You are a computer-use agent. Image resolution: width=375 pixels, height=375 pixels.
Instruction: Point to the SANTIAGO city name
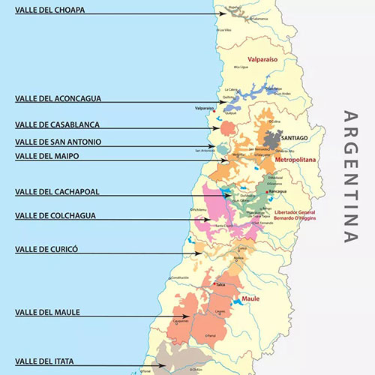click(x=295, y=138)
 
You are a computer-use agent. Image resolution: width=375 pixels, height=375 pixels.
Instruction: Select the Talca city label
click(x=220, y=285)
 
